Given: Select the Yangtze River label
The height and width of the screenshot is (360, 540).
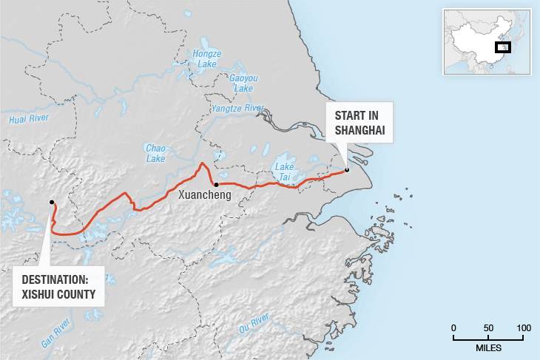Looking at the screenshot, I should [237, 109].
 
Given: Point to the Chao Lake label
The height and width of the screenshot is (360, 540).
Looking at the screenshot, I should [155, 153].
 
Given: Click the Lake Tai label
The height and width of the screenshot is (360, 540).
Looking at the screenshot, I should [284, 171].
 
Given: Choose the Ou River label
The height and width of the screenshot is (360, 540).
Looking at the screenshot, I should [253, 324].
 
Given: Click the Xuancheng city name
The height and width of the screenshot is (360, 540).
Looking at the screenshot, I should [205, 195].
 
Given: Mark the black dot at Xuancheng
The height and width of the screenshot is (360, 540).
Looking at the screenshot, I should [215, 184].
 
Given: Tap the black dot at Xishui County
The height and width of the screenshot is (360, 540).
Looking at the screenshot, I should [51, 202].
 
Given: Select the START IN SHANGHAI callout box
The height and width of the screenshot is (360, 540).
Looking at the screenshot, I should [360, 123].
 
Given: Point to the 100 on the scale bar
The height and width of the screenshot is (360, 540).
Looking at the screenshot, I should [523, 327].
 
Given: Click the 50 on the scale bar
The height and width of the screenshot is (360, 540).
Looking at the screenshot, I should [488, 327].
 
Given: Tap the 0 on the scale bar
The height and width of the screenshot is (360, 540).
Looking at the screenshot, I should [453, 327].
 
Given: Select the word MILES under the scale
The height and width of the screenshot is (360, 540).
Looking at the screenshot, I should [488, 347].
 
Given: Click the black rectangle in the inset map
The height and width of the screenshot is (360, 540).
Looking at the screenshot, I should [502, 48].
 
